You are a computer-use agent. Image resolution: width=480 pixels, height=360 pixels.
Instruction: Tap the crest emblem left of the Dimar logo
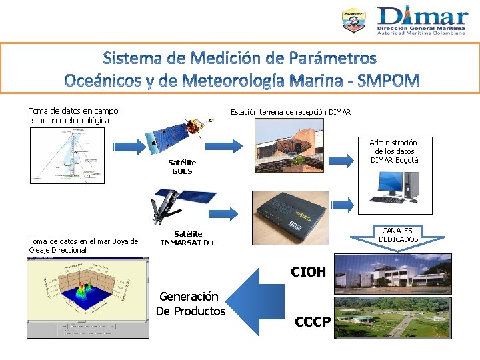click(353, 21)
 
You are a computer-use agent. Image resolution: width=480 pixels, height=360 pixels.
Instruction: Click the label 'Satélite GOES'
click(181, 167)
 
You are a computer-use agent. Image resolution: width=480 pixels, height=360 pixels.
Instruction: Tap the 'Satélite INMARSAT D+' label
click(188, 238)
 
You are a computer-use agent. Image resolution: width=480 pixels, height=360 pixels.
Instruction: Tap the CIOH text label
click(308, 271)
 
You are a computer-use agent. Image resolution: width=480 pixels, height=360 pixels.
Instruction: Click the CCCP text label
click(312, 322)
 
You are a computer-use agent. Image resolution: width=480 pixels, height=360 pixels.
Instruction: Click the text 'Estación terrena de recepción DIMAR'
click(291, 112)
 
